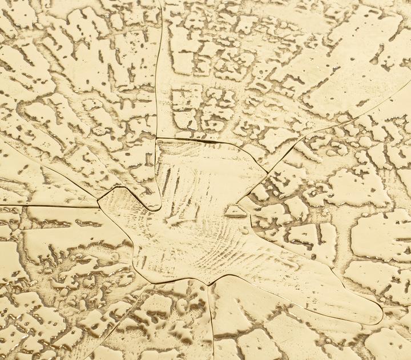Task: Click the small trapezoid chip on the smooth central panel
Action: pos(235,211)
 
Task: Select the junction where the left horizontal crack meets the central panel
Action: pos(98,206)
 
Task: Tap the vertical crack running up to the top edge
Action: pos(159,69)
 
